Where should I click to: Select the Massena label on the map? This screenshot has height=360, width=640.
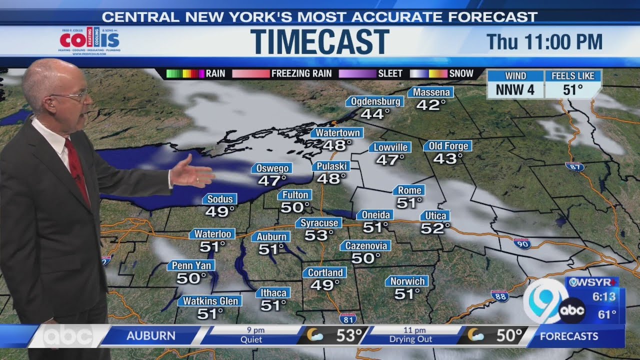430,92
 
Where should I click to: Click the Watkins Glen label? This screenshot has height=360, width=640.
209,301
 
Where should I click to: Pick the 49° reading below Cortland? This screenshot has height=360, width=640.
324,285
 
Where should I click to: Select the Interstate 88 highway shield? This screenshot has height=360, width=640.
499,296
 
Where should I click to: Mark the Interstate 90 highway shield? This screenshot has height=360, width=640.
521,244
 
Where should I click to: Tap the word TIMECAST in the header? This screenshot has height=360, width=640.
319,41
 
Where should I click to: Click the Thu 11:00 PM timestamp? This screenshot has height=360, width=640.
544,42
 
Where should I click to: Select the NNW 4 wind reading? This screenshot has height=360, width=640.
515,90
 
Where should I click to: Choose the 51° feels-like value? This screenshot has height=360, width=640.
572,90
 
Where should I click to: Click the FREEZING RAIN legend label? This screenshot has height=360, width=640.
301,73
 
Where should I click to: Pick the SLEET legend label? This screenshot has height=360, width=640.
390,73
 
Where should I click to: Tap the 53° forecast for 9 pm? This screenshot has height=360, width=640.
348,335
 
